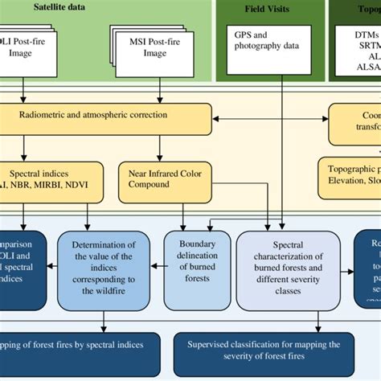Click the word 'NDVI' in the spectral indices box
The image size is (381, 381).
84,184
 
